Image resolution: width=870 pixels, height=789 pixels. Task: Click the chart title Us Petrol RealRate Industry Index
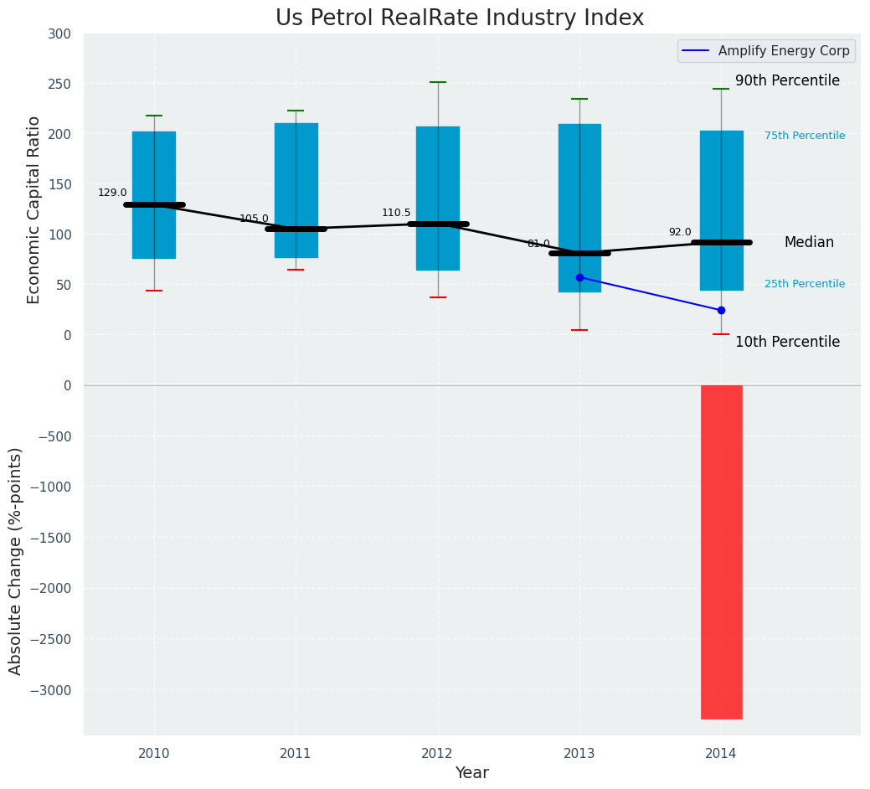click(x=460, y=18)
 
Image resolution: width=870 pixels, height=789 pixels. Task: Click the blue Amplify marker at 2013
click(x=579, y=277)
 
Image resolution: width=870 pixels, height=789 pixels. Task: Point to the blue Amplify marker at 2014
click(x=721, y=310)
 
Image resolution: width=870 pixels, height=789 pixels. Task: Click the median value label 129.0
click(x=112, y=193)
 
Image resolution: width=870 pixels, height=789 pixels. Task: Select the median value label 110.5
click(x=396, y=213)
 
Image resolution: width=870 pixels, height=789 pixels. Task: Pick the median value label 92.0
click(x=680, y=232)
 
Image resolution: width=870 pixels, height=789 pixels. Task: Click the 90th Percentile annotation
click(x=787, y=80)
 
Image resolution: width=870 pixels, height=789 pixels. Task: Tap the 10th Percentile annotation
click(x=787, y=342)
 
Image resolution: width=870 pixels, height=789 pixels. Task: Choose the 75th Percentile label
click(x=805, y=136)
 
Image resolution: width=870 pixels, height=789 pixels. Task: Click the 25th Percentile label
click(x=805, y=284)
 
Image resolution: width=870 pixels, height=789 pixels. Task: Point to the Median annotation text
click(x=809, y=242)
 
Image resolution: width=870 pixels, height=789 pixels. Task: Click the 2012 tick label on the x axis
click(x=437, y=754)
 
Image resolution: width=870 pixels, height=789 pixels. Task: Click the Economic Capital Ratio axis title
click(x=34, y=209)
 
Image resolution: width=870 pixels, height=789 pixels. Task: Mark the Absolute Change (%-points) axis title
click(x=16, y=560)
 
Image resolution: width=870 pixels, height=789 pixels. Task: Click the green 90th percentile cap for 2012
click(x=438, y=82)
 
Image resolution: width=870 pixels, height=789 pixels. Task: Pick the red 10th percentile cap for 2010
click(x=154, y=291)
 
